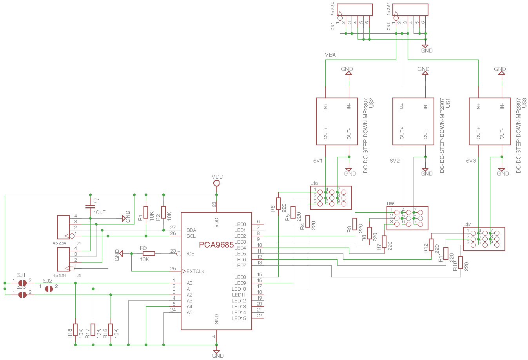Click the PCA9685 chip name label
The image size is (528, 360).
click(x=216, y=245)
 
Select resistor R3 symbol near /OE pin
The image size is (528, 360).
click(x=149, y=253)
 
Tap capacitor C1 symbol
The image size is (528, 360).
click(x=90, y=206)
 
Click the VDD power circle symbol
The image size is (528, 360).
click(x=216, y=183)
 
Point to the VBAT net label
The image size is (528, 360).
click(x=332, y=55)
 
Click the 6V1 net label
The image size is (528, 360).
click(x=318, y=161)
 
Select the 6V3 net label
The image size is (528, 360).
click(x=471, y=161)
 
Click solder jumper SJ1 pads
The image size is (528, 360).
click(x=22, y=283)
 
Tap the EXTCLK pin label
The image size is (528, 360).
click(x=195, y=271)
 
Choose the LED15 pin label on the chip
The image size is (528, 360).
click(x=239, y=318)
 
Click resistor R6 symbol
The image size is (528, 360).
click(x=278, y=204)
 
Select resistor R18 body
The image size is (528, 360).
click(x=75, y=330)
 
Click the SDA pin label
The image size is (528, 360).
click(x=191, y=230)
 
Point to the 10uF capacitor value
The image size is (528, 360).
click(x=99, y=212)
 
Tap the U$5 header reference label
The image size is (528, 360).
click(x=314, y=183)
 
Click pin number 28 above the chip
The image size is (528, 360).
click(x=214, y=204)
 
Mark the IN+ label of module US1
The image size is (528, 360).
click(x=402, y=107)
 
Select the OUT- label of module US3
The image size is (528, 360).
click(x=502, y=134)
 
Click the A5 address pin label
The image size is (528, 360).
click(x=190, y=313)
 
